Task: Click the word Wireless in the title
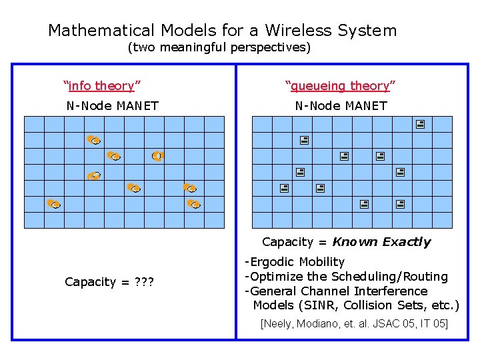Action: click(298, 31)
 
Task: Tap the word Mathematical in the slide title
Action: click(101, 31)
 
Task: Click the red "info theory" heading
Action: click(101, 85)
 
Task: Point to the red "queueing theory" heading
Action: click(340, 85)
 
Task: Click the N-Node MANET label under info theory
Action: click(112, 105)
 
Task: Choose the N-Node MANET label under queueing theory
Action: click(341, 105)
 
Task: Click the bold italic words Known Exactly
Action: click(381, 242)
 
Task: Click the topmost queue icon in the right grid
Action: click(420, 124)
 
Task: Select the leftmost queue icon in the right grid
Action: click(283, 189)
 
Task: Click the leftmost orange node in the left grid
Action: click(54, 203)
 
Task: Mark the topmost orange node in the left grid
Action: click(93, 139)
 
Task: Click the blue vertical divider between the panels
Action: click(236, 200)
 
